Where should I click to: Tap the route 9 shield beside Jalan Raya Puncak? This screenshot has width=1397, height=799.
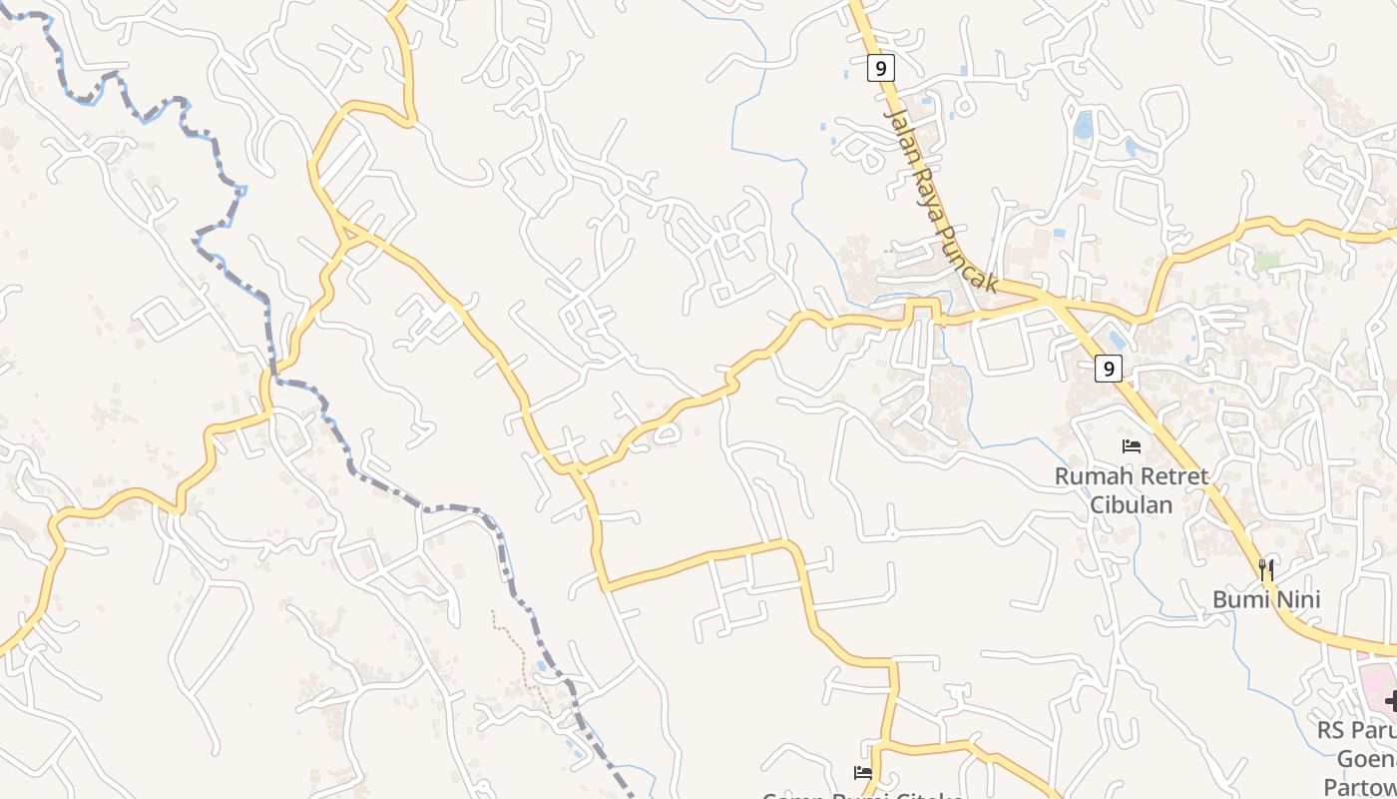pos(879,68)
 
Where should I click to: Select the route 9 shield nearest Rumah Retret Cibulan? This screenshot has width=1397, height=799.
pos(1108,369)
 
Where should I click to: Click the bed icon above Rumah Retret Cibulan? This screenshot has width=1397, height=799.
pos(1131,445)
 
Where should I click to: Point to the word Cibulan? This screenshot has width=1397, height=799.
pos(1131,504)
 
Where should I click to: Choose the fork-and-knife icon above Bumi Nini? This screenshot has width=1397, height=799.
pos(1266,570)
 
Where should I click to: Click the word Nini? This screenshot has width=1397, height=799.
pos(1294,600)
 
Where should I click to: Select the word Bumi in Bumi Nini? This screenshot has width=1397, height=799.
pos(1239,600)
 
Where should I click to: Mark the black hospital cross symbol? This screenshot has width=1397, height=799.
pos(1391,701)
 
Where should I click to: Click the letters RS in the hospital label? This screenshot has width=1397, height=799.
pos(1331,730)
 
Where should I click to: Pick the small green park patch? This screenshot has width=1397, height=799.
pos(1266,261)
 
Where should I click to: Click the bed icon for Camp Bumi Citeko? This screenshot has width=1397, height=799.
pos(863,772)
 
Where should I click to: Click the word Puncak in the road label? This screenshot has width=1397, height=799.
pos(969,257)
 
